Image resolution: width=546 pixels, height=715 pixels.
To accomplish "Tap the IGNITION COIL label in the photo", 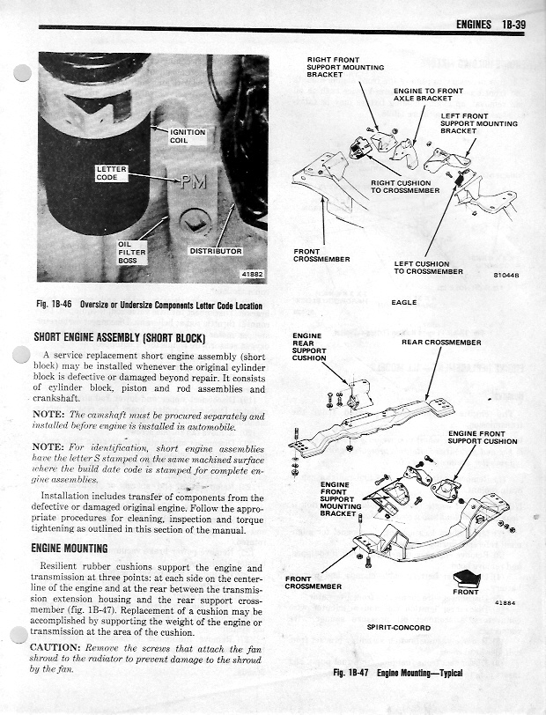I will point(188,136).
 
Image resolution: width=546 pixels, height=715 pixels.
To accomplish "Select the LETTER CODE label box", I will point(112,173).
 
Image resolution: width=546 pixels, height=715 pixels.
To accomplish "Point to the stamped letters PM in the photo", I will point(194,185).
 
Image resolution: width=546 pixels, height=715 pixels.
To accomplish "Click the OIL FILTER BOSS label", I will point(131,252).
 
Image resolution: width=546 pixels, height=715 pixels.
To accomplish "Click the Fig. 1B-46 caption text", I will point(148,306).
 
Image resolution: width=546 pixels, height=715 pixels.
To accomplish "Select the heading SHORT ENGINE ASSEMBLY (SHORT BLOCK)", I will point(119,336).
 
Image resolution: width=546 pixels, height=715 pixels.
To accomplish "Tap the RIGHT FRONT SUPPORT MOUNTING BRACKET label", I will point(333,67).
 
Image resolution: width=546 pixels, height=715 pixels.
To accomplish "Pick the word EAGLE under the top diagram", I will point(403,302).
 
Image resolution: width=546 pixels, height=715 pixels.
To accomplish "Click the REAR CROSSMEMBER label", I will point(441,342).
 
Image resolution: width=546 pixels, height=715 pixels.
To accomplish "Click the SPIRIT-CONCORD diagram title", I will point(398,627).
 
